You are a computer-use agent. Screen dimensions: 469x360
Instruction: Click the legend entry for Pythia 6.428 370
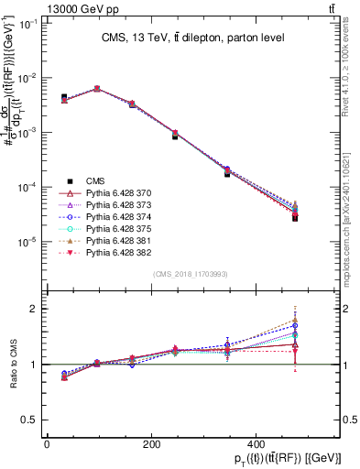coord(108,194)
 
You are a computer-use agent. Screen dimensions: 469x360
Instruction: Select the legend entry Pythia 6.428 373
coord(108,207)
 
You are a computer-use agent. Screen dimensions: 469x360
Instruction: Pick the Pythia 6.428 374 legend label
coord(108,220)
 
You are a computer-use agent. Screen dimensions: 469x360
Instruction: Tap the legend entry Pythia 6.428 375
coord(108,233)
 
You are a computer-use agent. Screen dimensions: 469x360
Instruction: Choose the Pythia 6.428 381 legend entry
coord(108,245)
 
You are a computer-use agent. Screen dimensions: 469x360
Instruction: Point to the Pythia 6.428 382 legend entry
coord(108,258)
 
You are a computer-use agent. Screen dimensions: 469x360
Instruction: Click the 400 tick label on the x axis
coord(256,445)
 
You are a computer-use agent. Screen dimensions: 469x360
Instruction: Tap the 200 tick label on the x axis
coord(151,445)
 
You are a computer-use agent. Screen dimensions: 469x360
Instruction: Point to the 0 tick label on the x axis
coord(47,445)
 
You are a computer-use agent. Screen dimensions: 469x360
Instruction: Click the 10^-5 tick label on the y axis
coord(30,242)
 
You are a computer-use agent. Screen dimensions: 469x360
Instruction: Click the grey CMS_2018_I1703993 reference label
coord(191,274)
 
